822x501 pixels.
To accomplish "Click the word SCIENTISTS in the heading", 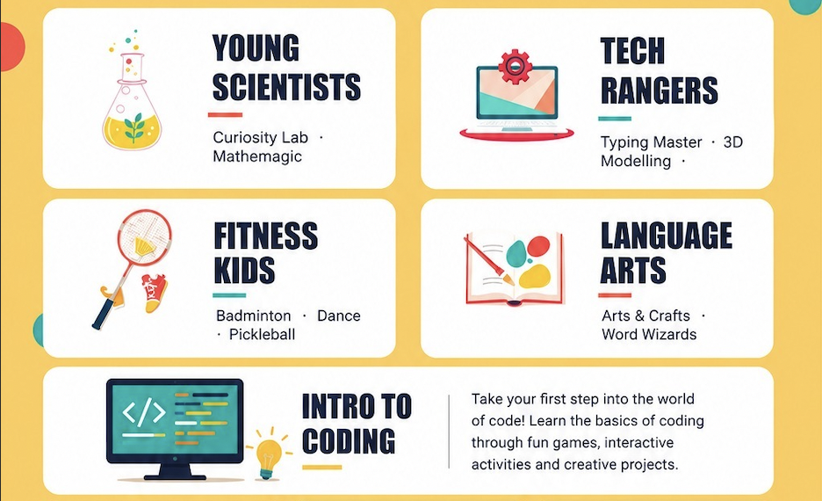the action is click(287, 86).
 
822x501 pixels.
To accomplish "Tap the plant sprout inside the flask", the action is click(134, 127).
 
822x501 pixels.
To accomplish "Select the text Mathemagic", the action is click(257, 156).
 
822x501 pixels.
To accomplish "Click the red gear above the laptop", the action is click(515, 66).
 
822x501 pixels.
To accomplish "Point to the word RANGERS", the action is click(659, 91).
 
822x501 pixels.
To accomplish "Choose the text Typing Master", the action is click(651, 142).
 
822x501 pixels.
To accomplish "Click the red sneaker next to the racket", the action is click(155, 293).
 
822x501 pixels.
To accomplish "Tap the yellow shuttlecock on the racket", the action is click(144, 245).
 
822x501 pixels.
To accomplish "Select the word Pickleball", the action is click(262, 335).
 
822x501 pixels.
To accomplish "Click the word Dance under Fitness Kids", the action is click(339, 316).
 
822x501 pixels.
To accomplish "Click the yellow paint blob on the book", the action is click(534, 276).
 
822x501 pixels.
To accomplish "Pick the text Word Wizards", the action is click(649, 334).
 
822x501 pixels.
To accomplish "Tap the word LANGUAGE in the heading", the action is click(667, 235).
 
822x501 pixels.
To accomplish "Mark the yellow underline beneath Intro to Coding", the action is click(322, 467).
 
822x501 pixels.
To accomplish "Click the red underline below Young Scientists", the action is click(226, 114).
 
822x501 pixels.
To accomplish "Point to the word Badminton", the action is click(253, 316).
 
